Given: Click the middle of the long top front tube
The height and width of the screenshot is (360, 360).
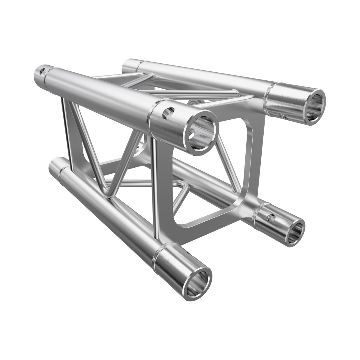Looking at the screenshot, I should [105, 90].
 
